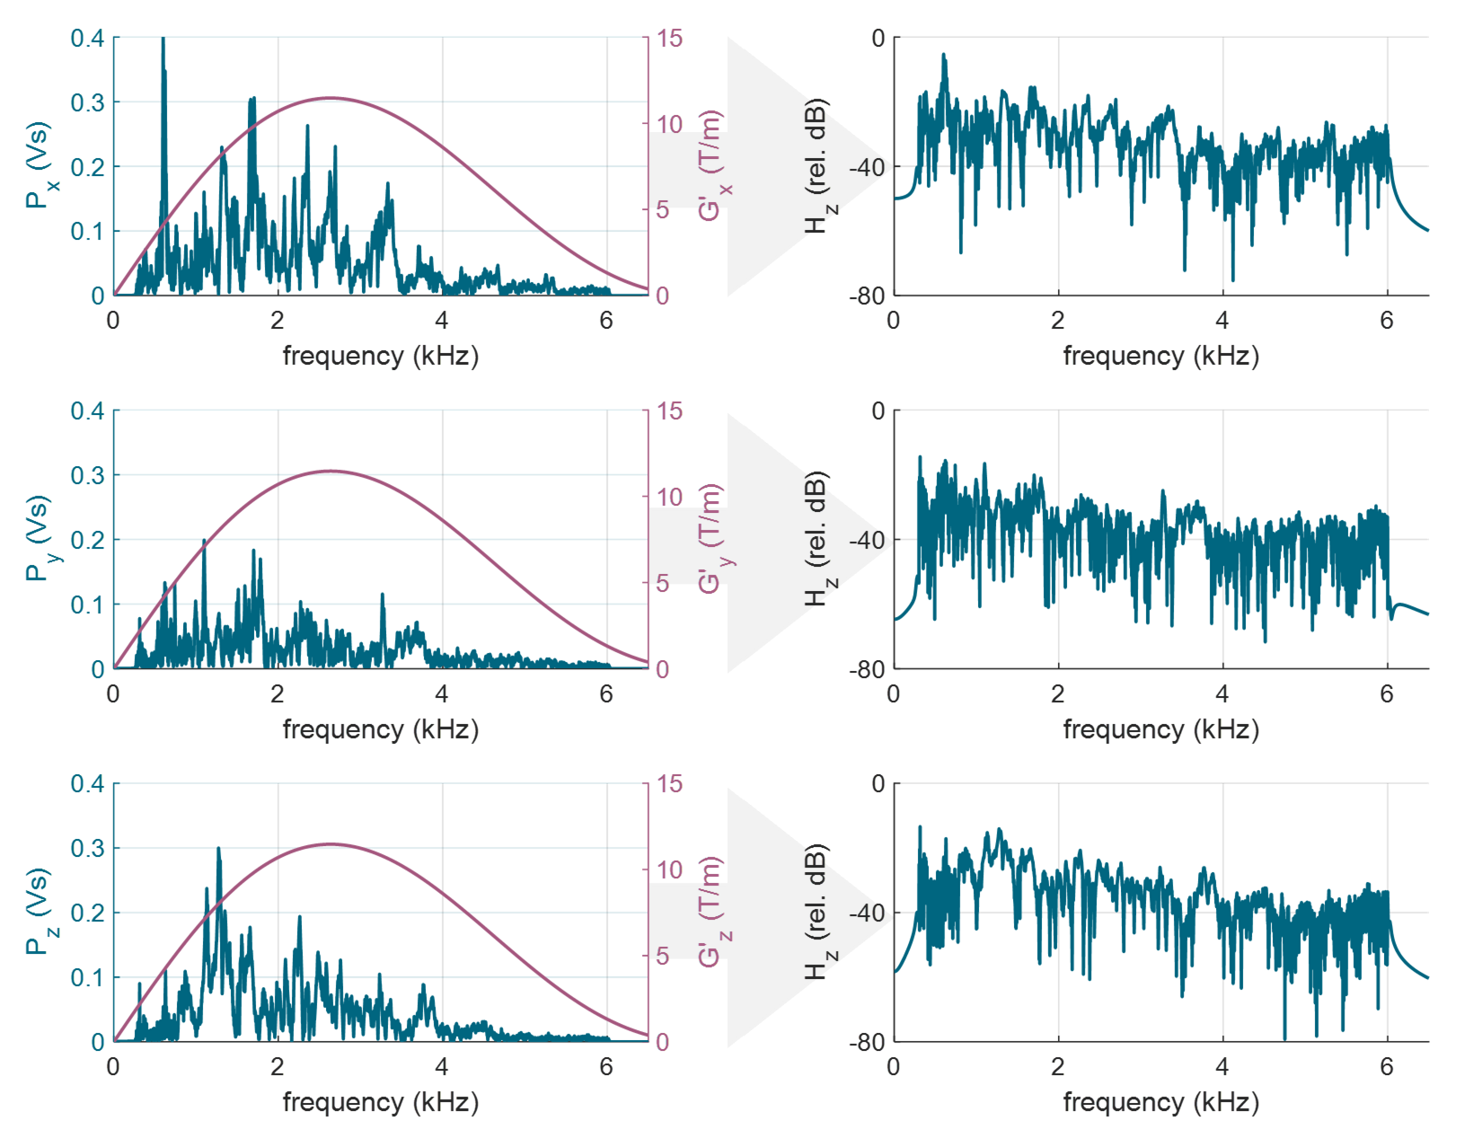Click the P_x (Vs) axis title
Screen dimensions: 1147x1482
point(40,166)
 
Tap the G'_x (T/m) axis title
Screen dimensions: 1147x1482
point(712,166)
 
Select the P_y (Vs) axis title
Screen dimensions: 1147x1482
point(40,539)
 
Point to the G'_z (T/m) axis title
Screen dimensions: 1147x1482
point(712,912)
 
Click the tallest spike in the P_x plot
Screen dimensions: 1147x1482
point(163,40)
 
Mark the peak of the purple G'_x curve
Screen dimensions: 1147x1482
point(331,98)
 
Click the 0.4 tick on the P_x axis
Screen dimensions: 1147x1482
point(87,38)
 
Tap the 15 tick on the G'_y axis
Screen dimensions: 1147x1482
point(669,411)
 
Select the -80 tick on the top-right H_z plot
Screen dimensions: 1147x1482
point(867,296)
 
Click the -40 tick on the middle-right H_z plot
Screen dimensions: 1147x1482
point(867,540)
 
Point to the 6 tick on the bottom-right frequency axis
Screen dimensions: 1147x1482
point(1387,1067)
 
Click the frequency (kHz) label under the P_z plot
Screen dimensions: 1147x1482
point(381,1102)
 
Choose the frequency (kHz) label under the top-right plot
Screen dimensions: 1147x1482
point(1160,356)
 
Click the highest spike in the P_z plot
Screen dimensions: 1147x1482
point(218,849)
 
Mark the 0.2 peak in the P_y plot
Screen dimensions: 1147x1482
point(204,541)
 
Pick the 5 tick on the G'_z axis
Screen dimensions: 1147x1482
point(663,956)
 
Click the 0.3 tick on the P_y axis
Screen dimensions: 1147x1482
point(87,475)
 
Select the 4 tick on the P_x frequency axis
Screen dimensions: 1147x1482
point(442,321)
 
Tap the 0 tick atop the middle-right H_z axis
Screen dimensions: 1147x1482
point(878,411)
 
